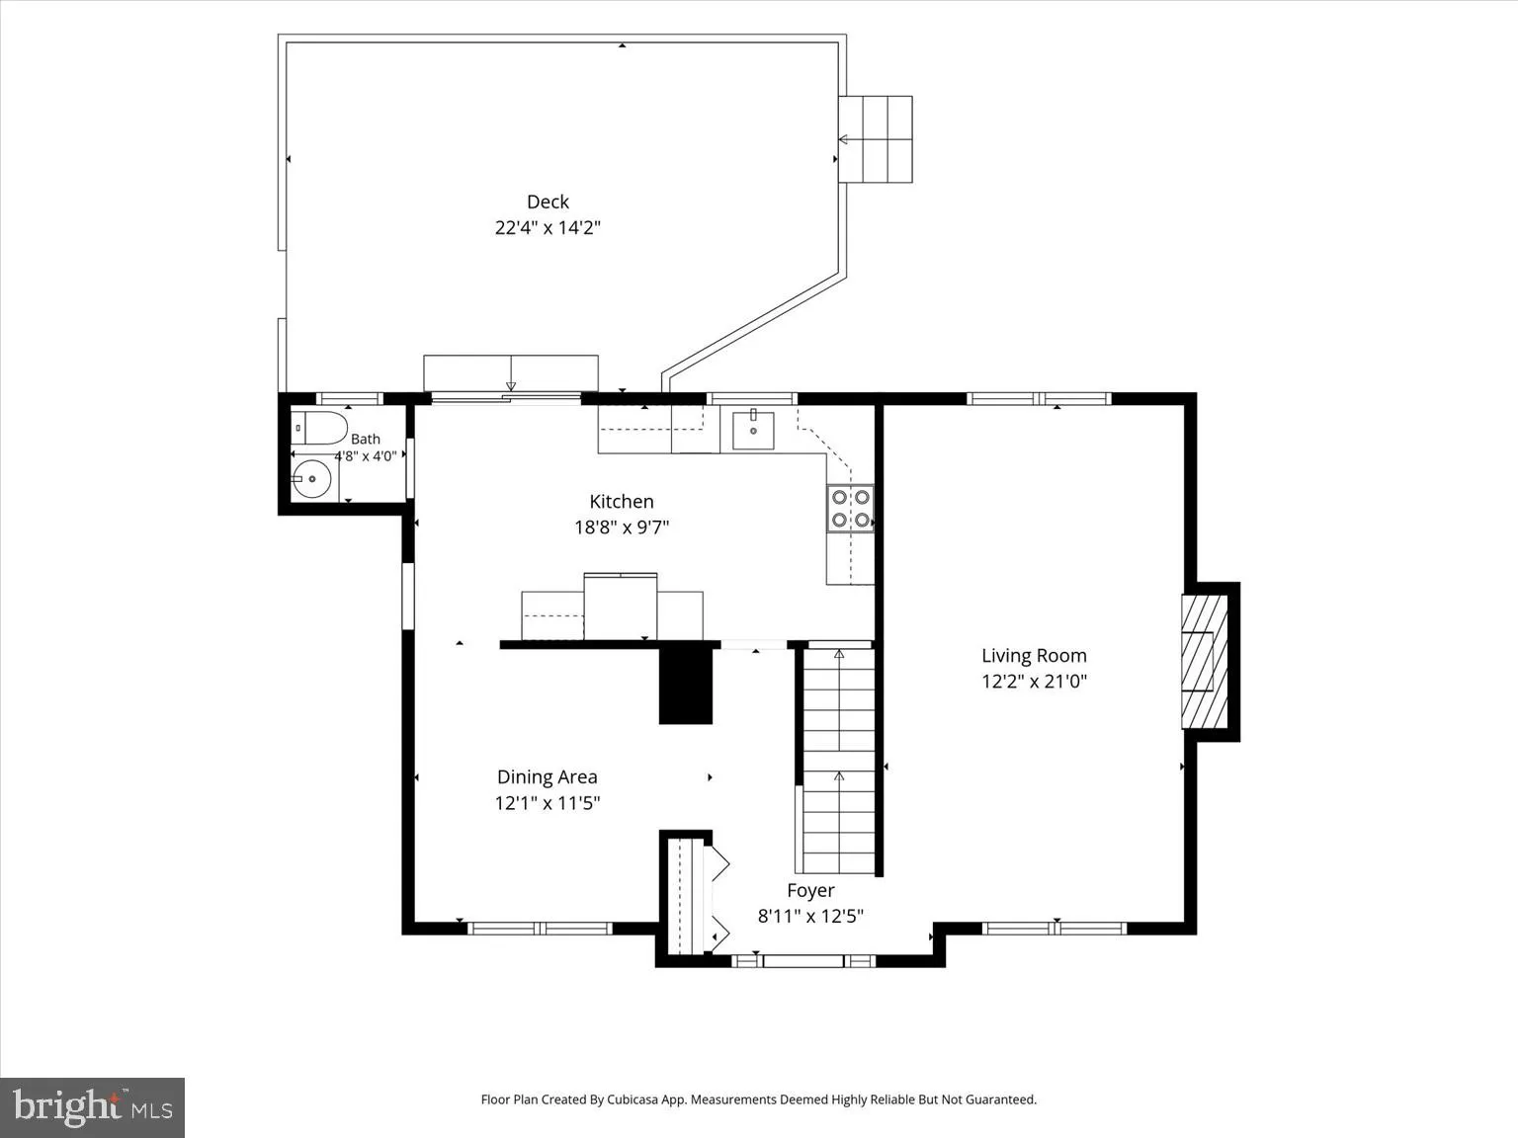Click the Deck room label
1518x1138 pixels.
click(x=548, y=202)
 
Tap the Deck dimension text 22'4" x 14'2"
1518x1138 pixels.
click(x=548, y=227)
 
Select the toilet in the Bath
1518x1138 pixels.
click(x=319, y=429)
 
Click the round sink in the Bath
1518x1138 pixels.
click(x=311, y=479)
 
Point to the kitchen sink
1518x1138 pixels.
click(x=753, y=430)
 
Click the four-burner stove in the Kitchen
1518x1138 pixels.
click(x=850, y=508)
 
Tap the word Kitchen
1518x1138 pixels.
click(x=621, y=501)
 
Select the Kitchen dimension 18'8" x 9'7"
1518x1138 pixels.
click(x=622, y=528)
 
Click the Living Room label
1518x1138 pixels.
click(x=1034, y=655)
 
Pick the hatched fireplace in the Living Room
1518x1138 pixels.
click(x=1204, y=662)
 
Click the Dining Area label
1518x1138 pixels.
click(x=548, y=776)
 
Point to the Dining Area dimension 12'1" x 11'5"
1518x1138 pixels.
click(x=548, y=803)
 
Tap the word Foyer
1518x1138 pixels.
click(x=810, y=890)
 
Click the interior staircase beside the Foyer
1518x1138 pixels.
click(x=839, y=760)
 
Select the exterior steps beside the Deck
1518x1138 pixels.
click(x=876, y=139)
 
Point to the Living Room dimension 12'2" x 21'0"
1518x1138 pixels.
click(x=1034, y=682)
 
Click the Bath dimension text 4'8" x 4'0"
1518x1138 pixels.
click(x=366, y=456)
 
